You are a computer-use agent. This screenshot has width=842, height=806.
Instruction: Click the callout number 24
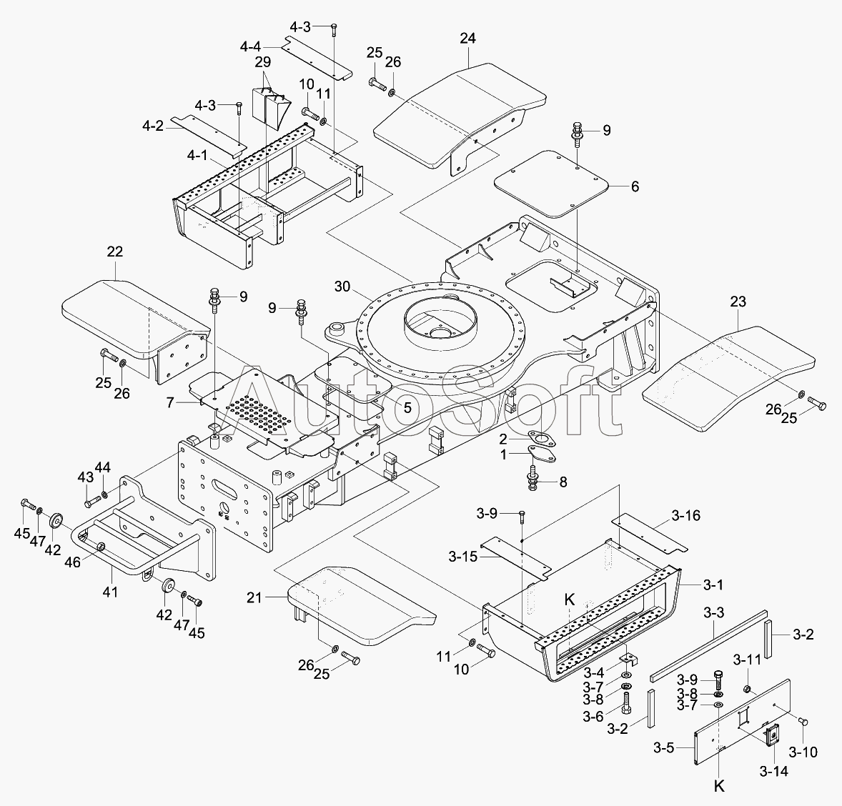(x=467, y=39)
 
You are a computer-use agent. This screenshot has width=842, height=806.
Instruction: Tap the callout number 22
(x=114, y=252)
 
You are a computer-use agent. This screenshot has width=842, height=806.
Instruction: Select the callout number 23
(x=738, y=302)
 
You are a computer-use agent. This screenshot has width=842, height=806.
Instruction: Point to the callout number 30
(x=342, y=287)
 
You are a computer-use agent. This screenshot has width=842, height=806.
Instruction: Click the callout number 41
(x=113, y=592)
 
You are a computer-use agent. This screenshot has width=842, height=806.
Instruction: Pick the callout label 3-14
(x=774, y=771)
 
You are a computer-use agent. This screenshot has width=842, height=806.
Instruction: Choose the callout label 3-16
(x=686, y=516)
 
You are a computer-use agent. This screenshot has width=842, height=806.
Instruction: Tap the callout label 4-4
(x=251, y=47)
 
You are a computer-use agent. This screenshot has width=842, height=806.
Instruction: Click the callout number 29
(x=263, y=61)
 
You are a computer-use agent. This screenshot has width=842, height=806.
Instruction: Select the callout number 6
(x=635, y=186)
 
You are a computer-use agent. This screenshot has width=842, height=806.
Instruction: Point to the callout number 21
(x=254, y=597)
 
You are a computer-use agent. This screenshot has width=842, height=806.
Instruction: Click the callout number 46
(x=72, y=562)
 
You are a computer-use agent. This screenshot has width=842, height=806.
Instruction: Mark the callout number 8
(x=563, y=482)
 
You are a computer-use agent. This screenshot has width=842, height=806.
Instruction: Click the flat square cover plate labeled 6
(x=552, y=184)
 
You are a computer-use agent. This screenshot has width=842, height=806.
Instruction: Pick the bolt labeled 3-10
(x=804, y=722)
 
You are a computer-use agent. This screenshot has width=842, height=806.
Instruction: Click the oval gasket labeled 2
(x=541, y=439)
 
